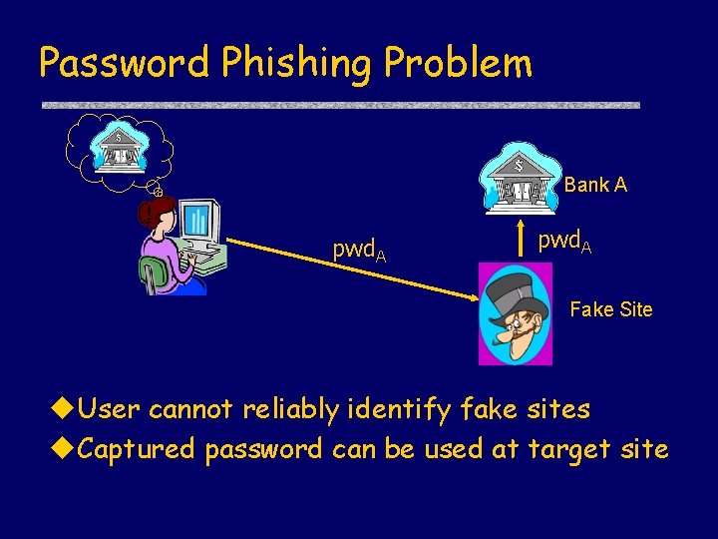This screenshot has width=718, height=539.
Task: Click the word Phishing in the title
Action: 297,64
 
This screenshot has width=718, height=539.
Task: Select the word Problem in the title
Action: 459,63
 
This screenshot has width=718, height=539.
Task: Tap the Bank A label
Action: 595,185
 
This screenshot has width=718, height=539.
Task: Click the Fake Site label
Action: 610,309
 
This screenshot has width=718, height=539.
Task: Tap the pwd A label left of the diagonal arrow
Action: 359,251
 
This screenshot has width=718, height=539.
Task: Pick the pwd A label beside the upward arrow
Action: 564,241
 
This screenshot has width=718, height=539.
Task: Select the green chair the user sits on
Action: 155,274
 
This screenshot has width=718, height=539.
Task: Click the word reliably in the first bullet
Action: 299,409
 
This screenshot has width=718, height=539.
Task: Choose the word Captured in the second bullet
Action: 136,449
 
